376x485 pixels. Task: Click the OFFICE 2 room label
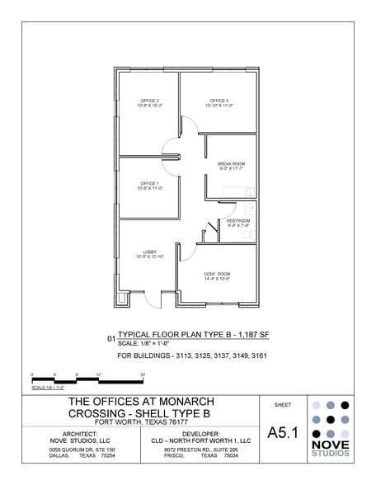pyautogui.click(x=149, y=101)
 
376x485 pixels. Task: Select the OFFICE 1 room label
pyautogui.click(x=149, y=183)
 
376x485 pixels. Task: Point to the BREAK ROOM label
pyautogui.click(x=232, y=164)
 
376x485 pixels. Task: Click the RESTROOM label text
pyautogui.click(x=238, y=221)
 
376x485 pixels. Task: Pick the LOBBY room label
pyautogui.click(x=150, y=252)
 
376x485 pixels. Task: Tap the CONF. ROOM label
pyautogui.click(x=217, y=273)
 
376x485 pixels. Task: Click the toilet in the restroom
pyautogui.click(x=245, y=235)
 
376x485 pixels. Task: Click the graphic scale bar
pyautogui.click(x=87, y=380)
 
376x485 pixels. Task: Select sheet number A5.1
pyautogui.click(x=283, y=433)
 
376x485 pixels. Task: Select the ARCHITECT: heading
pyautogui.click(x=81, y=432)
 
